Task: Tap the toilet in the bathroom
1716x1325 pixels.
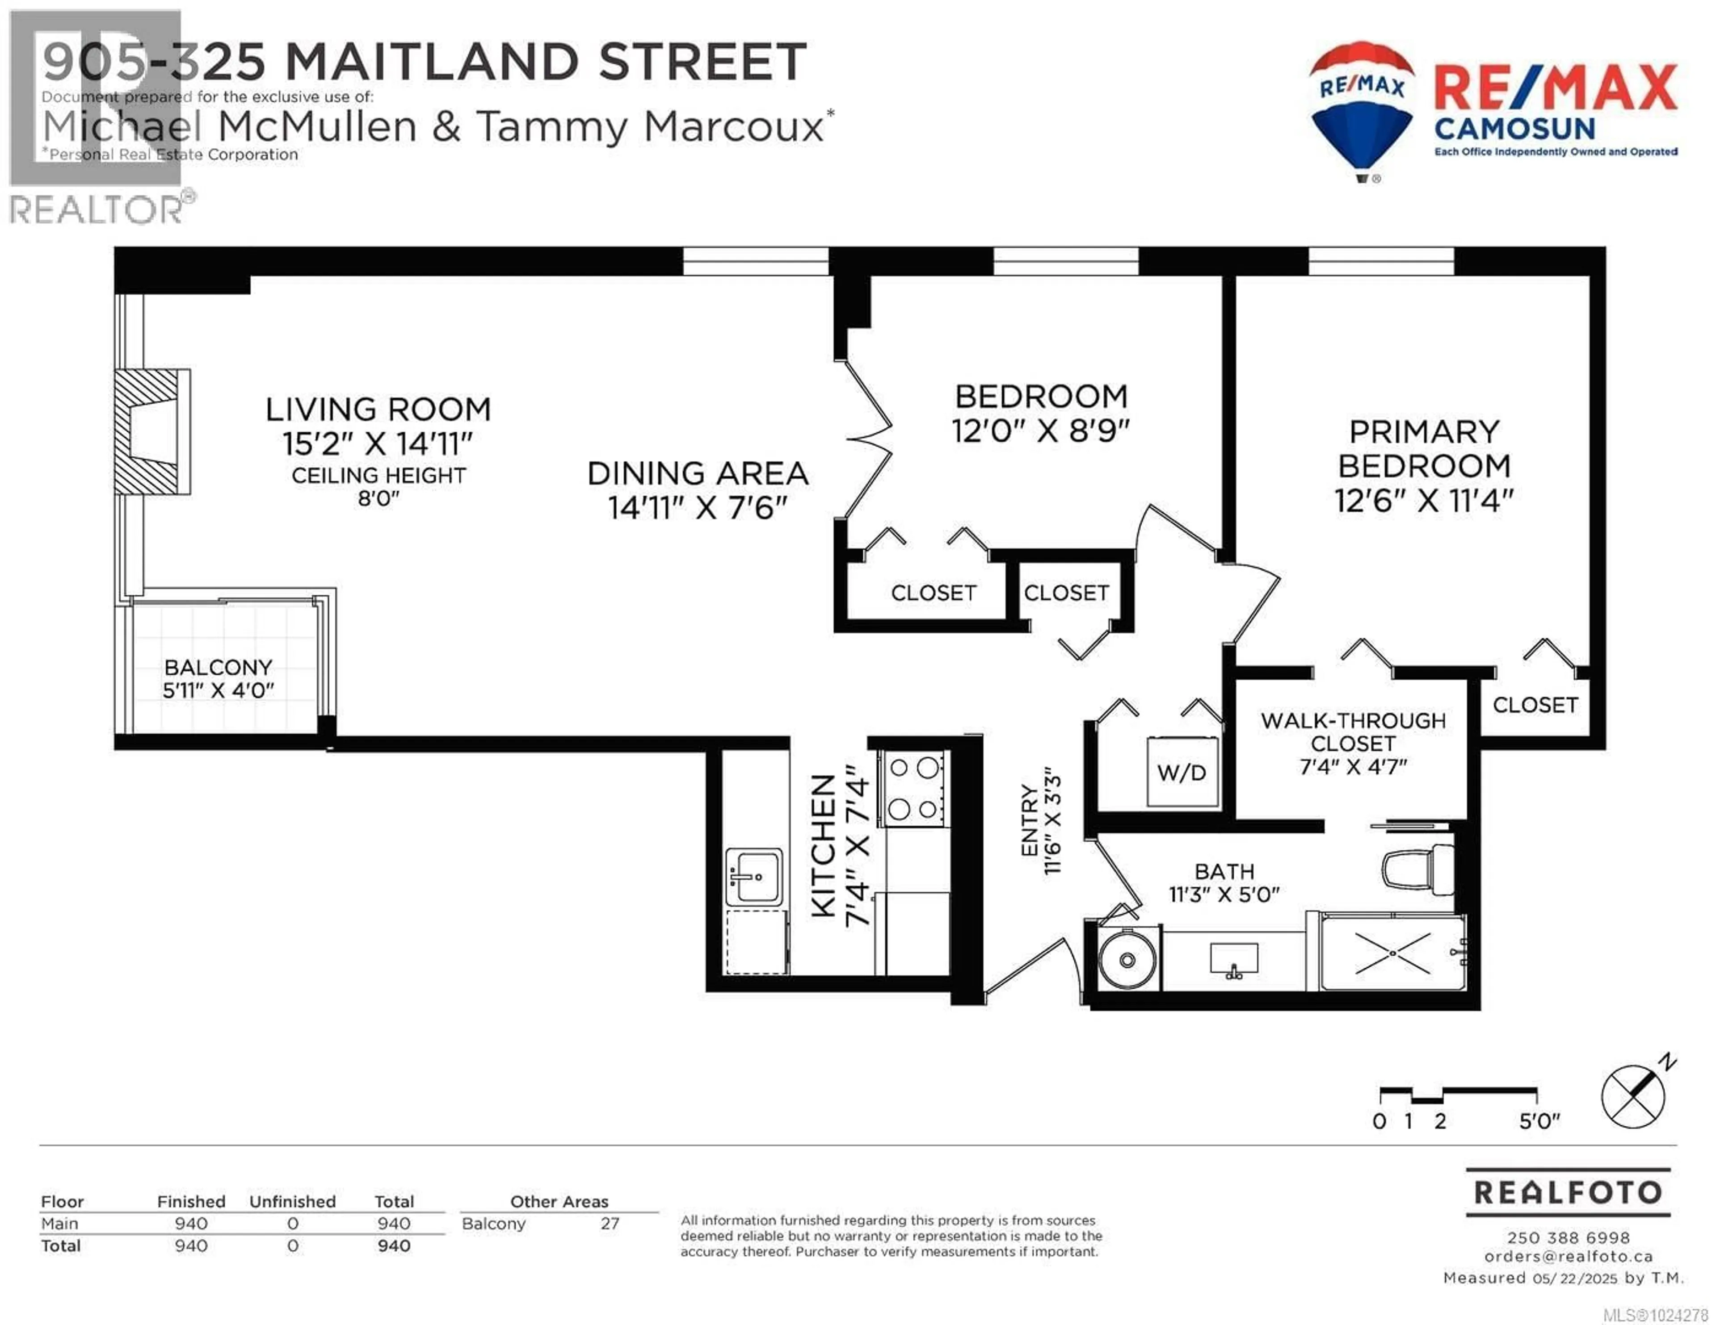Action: (x=1419, y=869)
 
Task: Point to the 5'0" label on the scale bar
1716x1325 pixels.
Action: (x=1539, y=1121)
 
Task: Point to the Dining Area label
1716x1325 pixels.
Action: (x=698, y=474)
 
